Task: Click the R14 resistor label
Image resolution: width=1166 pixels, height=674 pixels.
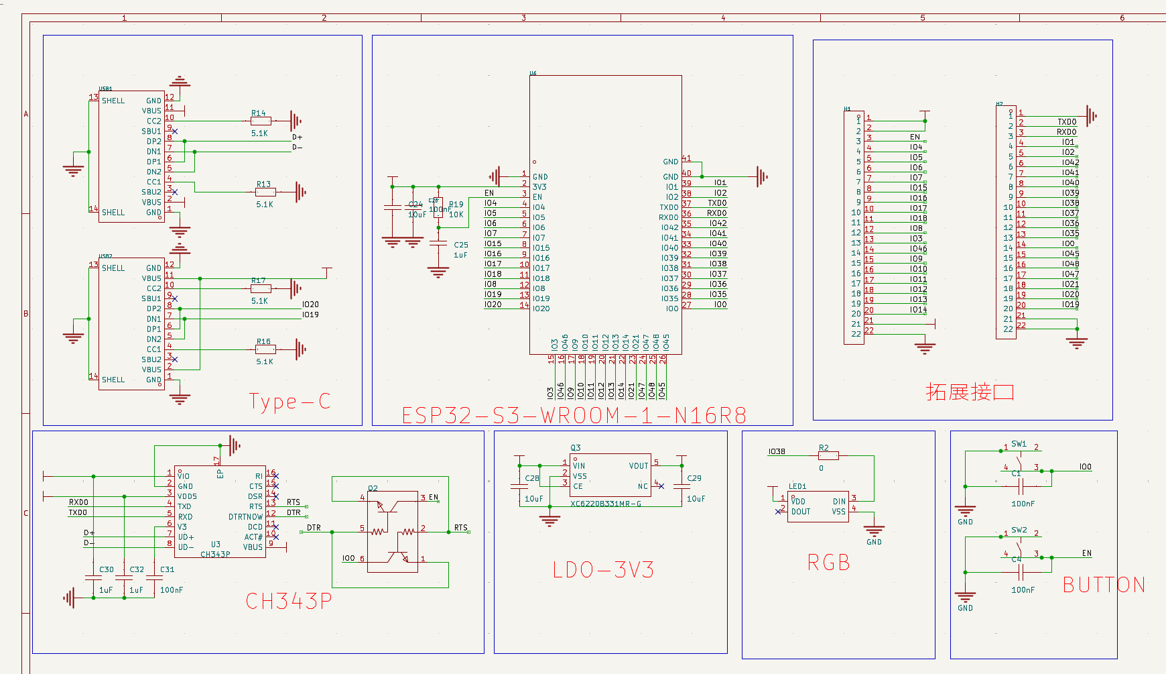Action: point(259,113)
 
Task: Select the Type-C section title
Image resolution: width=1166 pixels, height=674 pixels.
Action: point(289,402)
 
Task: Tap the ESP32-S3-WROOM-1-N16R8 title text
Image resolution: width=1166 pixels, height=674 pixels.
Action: point(574,416)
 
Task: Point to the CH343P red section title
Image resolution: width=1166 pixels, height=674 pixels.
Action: point(289,601)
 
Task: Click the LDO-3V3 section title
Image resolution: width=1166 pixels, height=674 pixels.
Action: point(603,570)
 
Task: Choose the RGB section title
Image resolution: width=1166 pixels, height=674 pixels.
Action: point(829,563)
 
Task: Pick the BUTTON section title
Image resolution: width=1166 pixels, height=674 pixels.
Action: point(1104,585)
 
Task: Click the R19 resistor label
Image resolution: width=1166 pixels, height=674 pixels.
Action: point(456,205)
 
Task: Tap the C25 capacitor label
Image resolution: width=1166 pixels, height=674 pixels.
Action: point(461,245)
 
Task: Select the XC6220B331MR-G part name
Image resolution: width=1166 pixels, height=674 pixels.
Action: point(606,504)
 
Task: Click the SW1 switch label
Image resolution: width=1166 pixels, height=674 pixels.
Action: point(1019,444)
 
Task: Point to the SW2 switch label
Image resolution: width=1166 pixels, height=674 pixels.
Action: point(1019,530)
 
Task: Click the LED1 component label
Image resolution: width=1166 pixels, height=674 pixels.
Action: point(797,486)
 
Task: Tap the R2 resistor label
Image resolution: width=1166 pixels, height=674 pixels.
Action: point(824,448)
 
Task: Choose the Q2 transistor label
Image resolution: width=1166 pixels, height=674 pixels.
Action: point(373,488)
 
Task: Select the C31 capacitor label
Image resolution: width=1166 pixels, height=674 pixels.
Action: point(167,569)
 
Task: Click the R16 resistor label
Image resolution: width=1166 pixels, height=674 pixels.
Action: point(263,341)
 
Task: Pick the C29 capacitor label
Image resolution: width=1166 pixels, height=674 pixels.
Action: point(694,478)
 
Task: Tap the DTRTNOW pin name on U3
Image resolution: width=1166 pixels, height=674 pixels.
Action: point(245,517)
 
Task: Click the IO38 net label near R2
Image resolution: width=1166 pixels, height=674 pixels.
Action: point(777,451)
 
